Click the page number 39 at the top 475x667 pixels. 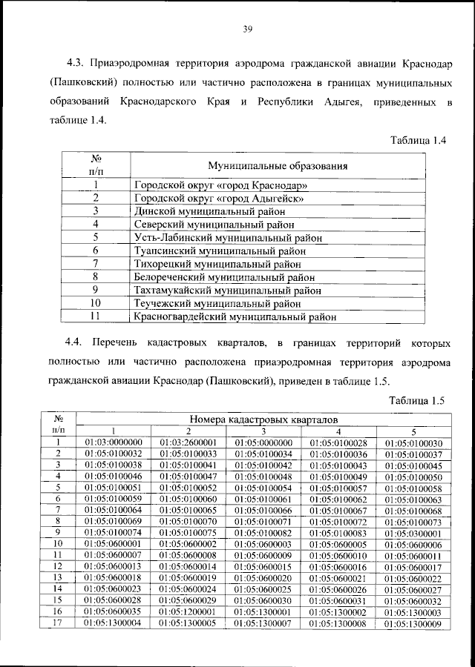(x=249, y=29)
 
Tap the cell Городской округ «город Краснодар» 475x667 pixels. (x=220, y=185)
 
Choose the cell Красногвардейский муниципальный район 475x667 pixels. (x=235, y=317)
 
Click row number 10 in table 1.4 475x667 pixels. (x=95, y=304)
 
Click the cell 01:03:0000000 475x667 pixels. (x=114, y=443)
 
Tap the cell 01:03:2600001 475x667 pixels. (x=189, y=443)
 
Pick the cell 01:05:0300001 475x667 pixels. (x=413, y=532)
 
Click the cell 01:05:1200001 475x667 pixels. (x=189, y=612)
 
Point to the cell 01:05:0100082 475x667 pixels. (x=263, y=532)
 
